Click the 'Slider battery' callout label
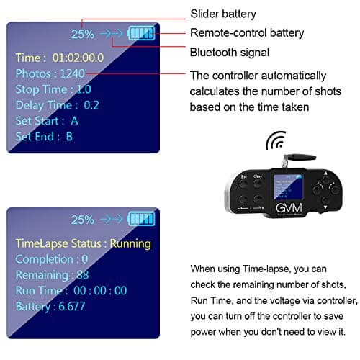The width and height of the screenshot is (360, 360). [x=222, y=14]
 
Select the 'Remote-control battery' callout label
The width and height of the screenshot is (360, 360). [x=247, y=32]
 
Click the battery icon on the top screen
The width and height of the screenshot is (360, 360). [x=140, y=32]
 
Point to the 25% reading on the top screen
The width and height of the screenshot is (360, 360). [x=83, y=33]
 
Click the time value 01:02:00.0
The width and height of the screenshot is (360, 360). [x=77, y=57]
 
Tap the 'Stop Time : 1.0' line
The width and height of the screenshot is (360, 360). [x=53, y=89]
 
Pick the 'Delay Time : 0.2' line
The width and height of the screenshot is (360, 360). [x=58, y=104]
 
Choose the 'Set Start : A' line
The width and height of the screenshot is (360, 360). [x=47, y=120]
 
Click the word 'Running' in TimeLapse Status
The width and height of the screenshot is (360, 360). [x=130, y=243]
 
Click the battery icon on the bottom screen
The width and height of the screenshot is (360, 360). [x=140, y=220]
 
